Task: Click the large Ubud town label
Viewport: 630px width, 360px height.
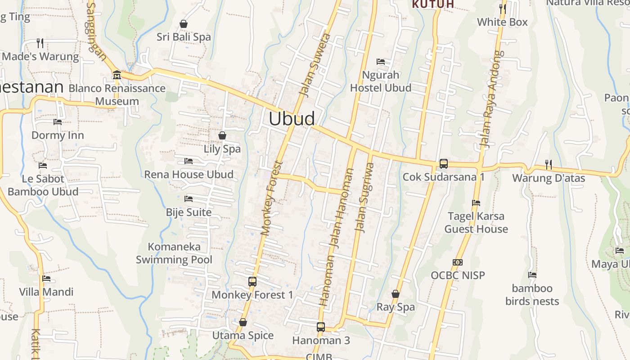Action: [x=292, y=119]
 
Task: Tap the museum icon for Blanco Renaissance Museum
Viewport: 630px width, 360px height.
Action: [x=117, y=74]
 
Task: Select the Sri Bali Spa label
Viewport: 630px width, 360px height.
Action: [x=184, y=37]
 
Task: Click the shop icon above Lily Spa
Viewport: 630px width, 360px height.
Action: [x=222, y=135]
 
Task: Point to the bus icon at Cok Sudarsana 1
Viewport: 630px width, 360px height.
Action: [x=444, y=163]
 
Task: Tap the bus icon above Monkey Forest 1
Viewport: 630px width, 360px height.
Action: [x=252, y=282]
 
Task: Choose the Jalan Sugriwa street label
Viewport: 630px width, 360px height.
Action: [x=364, y=197]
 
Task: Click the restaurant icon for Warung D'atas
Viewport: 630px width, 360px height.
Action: [x=548, y=164]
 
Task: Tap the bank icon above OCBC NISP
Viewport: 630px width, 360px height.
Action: [x=458, y=262]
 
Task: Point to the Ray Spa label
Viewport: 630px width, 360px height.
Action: [x=396, y=307]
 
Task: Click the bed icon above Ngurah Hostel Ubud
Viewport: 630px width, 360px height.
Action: [x=381, y=61]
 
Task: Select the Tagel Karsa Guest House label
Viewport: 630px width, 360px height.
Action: [x=476, y=222]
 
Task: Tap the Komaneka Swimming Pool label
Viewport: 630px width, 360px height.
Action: [x=174, y=253]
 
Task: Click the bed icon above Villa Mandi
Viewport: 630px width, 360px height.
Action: [x=46, y=279]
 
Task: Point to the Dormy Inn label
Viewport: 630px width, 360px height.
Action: [x=58, y=135]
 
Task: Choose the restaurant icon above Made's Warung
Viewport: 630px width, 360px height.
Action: [x=40, y=43]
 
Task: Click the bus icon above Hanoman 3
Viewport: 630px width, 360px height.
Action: [x=321, y=327]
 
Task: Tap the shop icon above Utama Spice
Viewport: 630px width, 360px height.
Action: [x=243, y=322]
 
